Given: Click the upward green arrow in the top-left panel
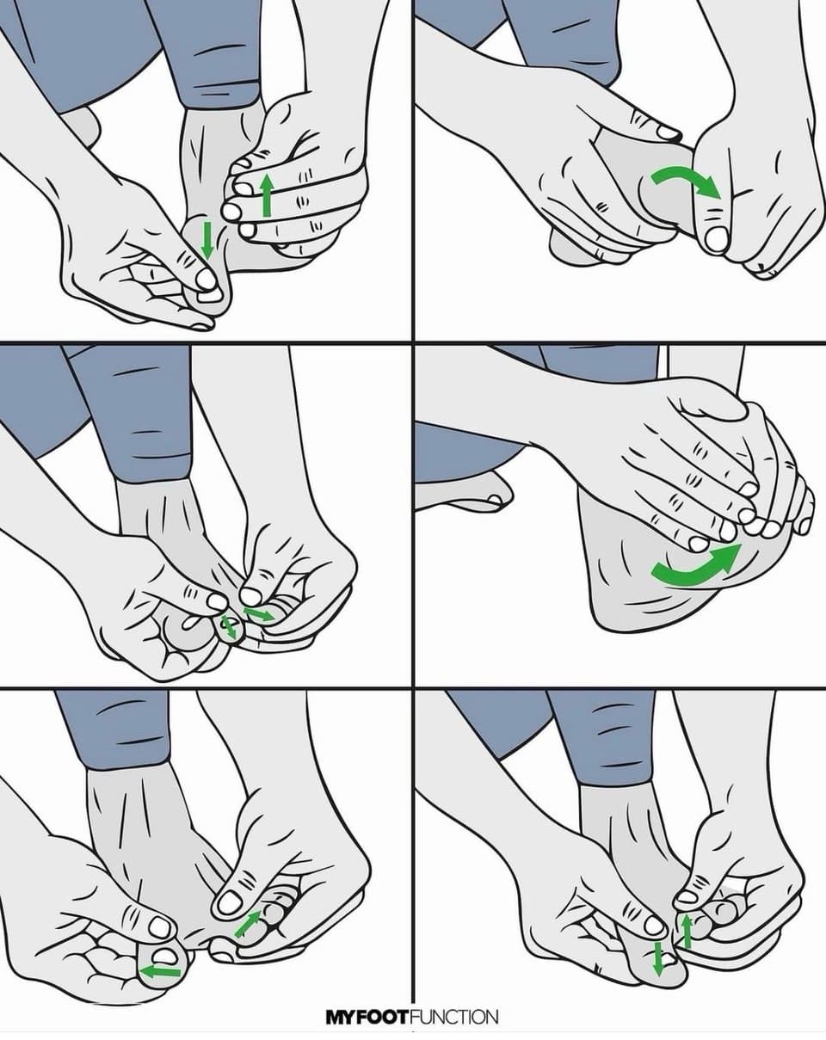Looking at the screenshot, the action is tap(266, 195).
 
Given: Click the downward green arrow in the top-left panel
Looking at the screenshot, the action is tap(206, 240).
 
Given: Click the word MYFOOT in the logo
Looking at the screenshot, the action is tap(367, 1015).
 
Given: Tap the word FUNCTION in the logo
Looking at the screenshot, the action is tap(453, 1015).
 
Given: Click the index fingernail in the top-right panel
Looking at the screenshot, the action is tap(669, 132).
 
